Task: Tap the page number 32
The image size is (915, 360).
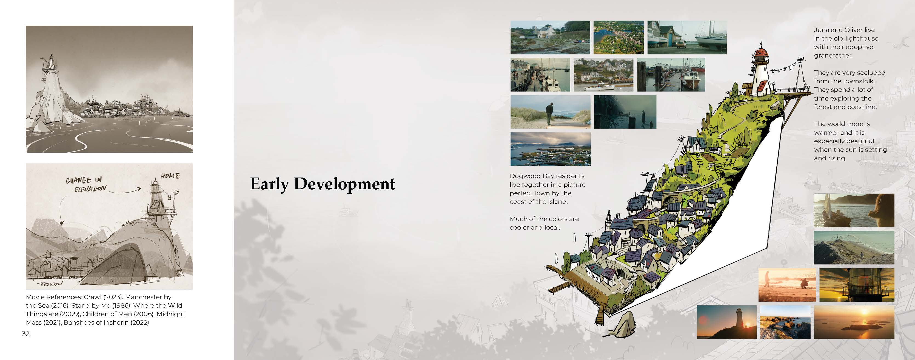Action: (x=25, y=334)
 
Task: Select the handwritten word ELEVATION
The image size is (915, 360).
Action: (x=90, y=189)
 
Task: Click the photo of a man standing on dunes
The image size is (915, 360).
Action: (x=550, y=112)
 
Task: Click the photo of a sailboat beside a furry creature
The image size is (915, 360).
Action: (x=854, y=210)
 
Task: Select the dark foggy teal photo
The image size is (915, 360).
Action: (x=625, y=112)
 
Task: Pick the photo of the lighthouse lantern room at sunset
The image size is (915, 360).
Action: (x=857, y=285)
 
